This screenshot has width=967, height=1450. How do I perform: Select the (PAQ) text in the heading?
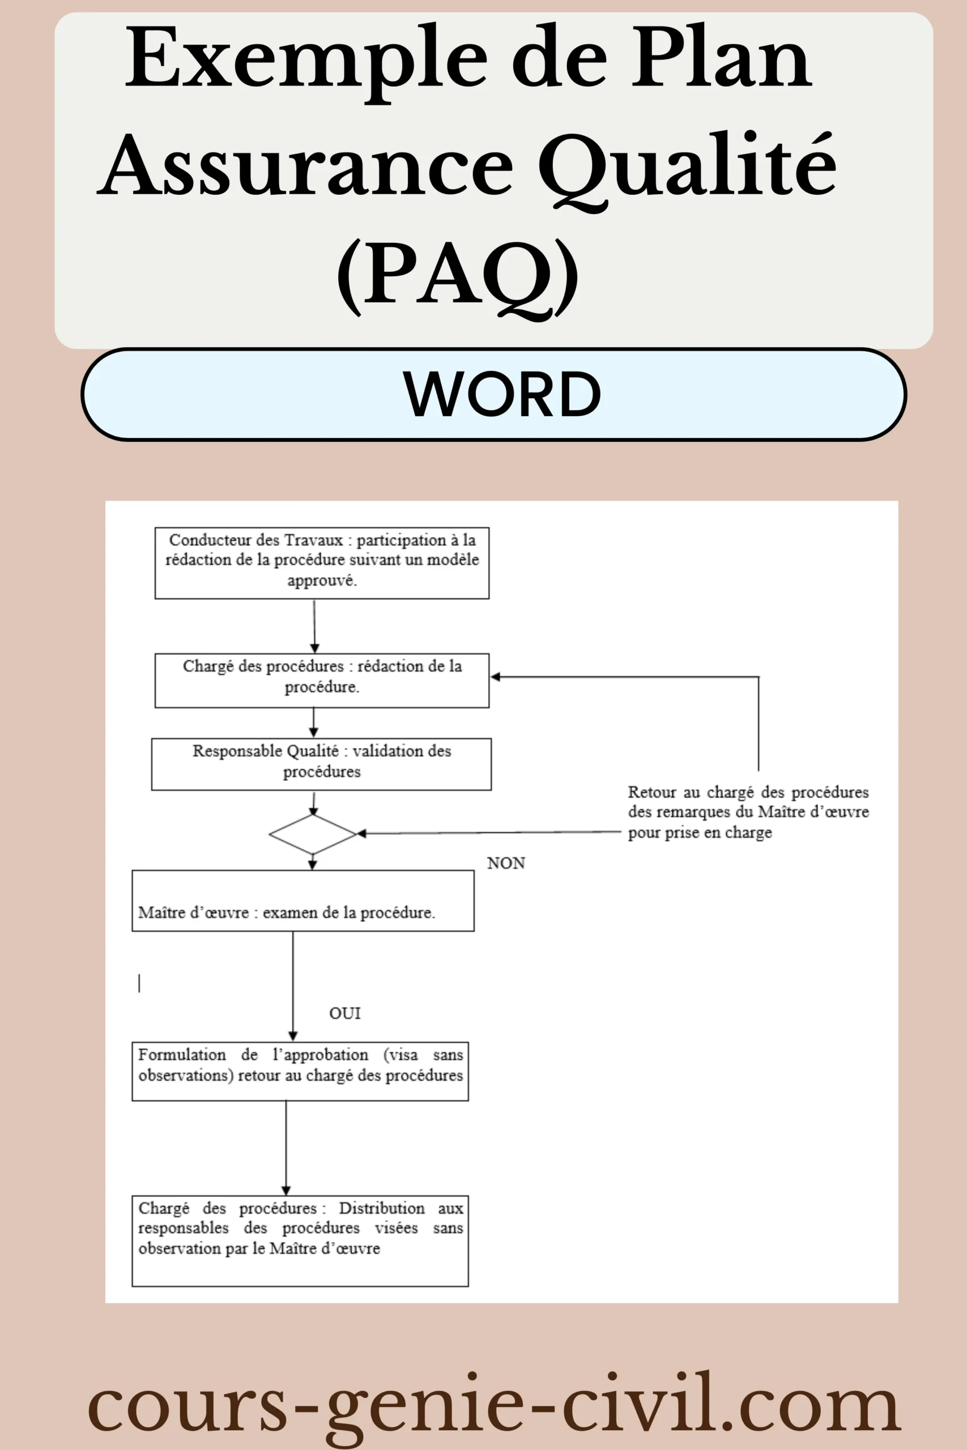tap(458, 277)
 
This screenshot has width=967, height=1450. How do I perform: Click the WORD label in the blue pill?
tap(502, 394)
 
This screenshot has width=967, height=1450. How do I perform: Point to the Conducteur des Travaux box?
tap(322, 563)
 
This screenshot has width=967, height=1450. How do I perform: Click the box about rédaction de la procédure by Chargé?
tap(322, 681)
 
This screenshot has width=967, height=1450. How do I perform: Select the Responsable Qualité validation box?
tap(321, 765)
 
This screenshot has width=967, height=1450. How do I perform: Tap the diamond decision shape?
tap(313, 834)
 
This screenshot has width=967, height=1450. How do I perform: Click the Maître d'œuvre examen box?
tap(303, 901)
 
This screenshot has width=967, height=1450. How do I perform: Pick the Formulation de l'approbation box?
tap(300, 1072)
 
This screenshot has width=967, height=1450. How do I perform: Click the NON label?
tap(506, 863)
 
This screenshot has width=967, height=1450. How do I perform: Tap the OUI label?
tap(345, 1013)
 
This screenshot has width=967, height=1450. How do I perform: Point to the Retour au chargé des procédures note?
tap(749, 813)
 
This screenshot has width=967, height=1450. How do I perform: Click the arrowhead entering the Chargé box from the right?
tap(495, 677)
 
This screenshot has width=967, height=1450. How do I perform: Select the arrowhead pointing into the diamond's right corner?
tap(362, 834)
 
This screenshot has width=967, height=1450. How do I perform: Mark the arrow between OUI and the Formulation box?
tap(293, 986)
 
